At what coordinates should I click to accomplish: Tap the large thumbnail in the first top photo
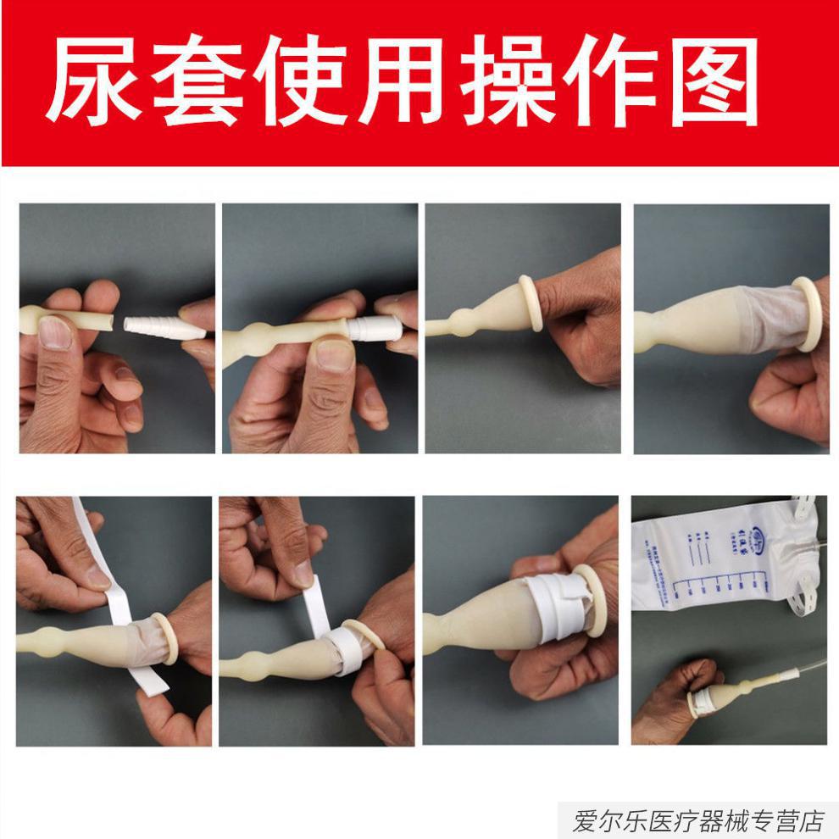click(x=56, y=331)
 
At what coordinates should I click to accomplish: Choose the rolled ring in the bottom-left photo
click(x=168, y=637)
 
